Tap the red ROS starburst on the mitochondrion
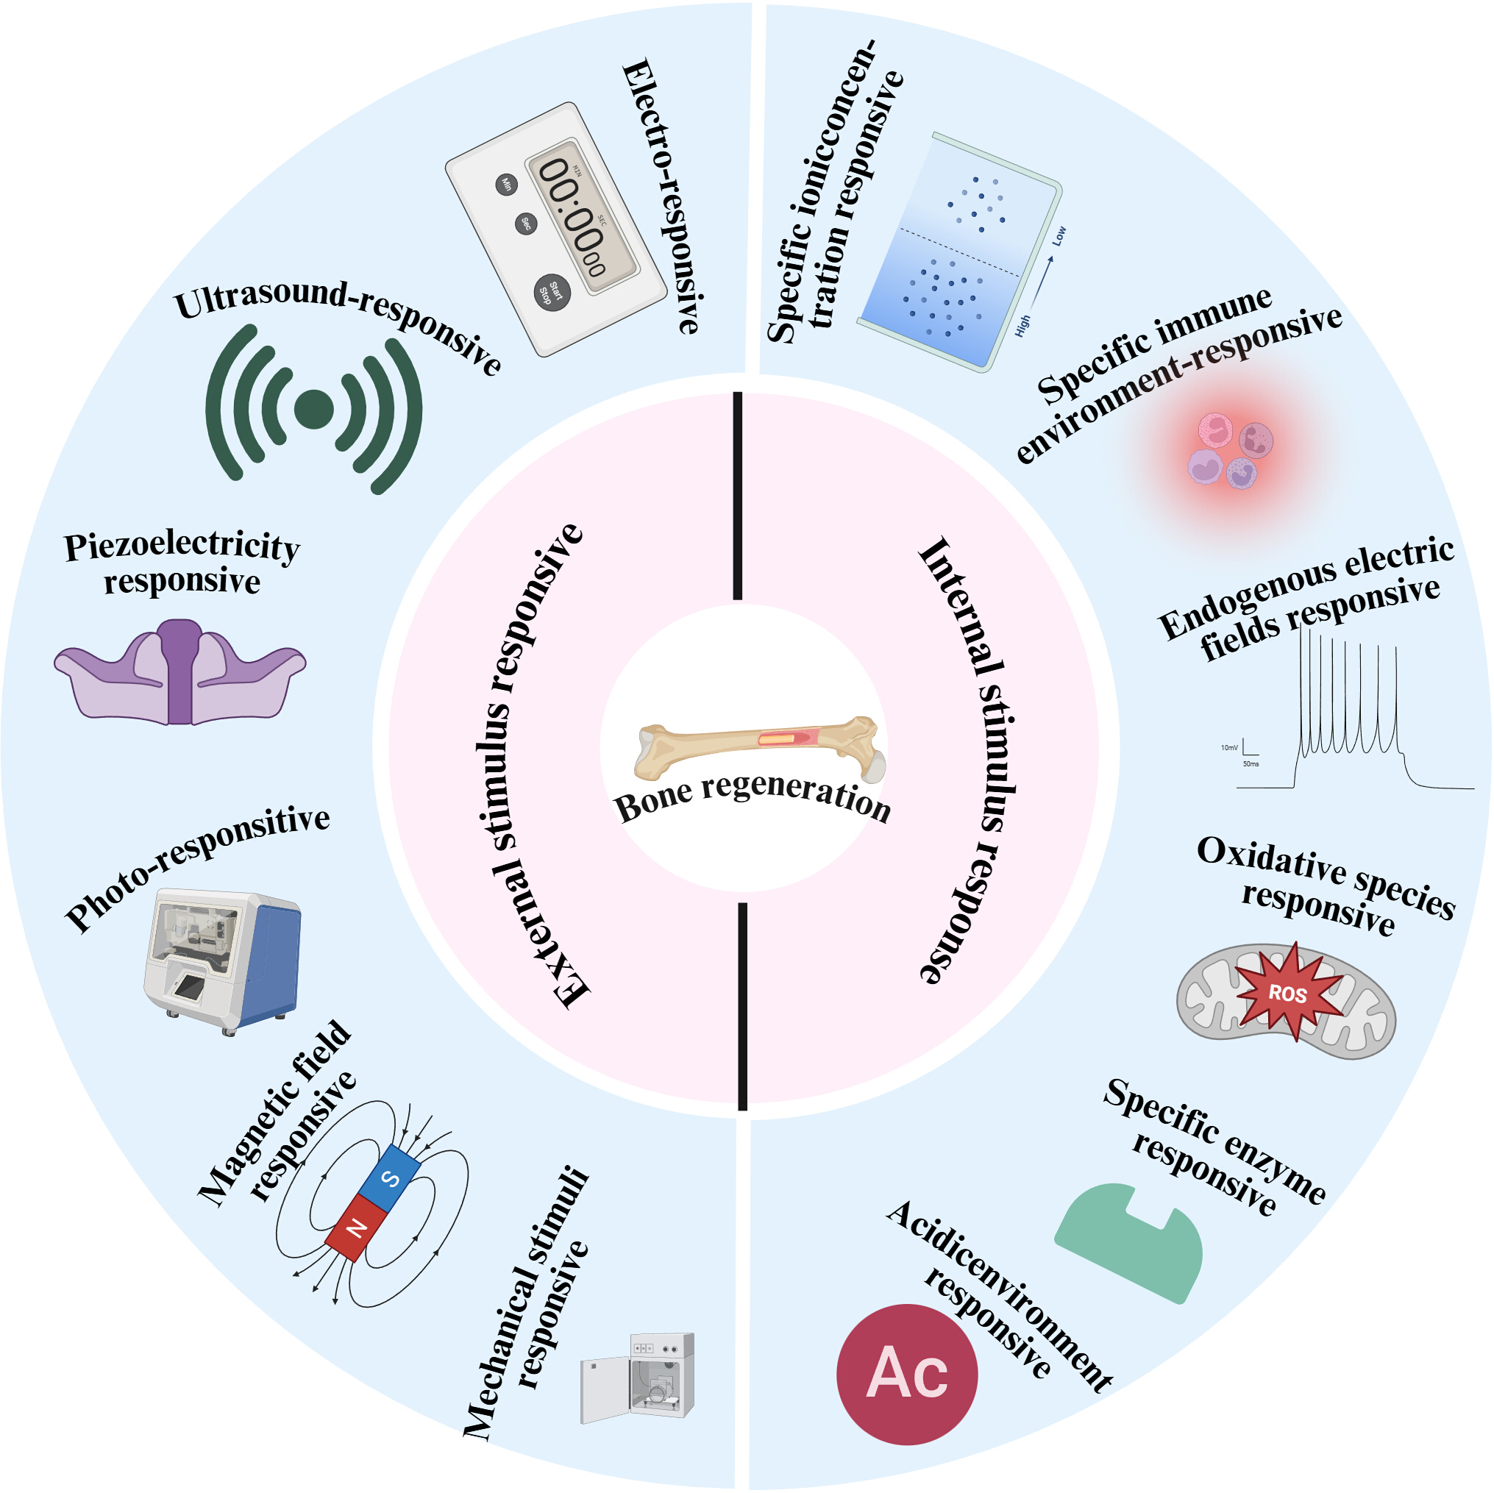tap(1287, 992)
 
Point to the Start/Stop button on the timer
tap(552, 292)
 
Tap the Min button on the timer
tap(506, 184)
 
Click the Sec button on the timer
tap(526, 224)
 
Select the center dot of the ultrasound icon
tap(314, 409)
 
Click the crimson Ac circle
tap(907, 1374)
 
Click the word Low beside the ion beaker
tap(1059, 236)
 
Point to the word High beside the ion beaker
tap(1022, 326)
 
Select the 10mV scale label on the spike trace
tap(1228, 748)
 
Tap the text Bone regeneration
tap(753, 797)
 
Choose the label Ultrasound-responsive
tap(338, 325)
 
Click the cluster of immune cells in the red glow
tap(1229, 449)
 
